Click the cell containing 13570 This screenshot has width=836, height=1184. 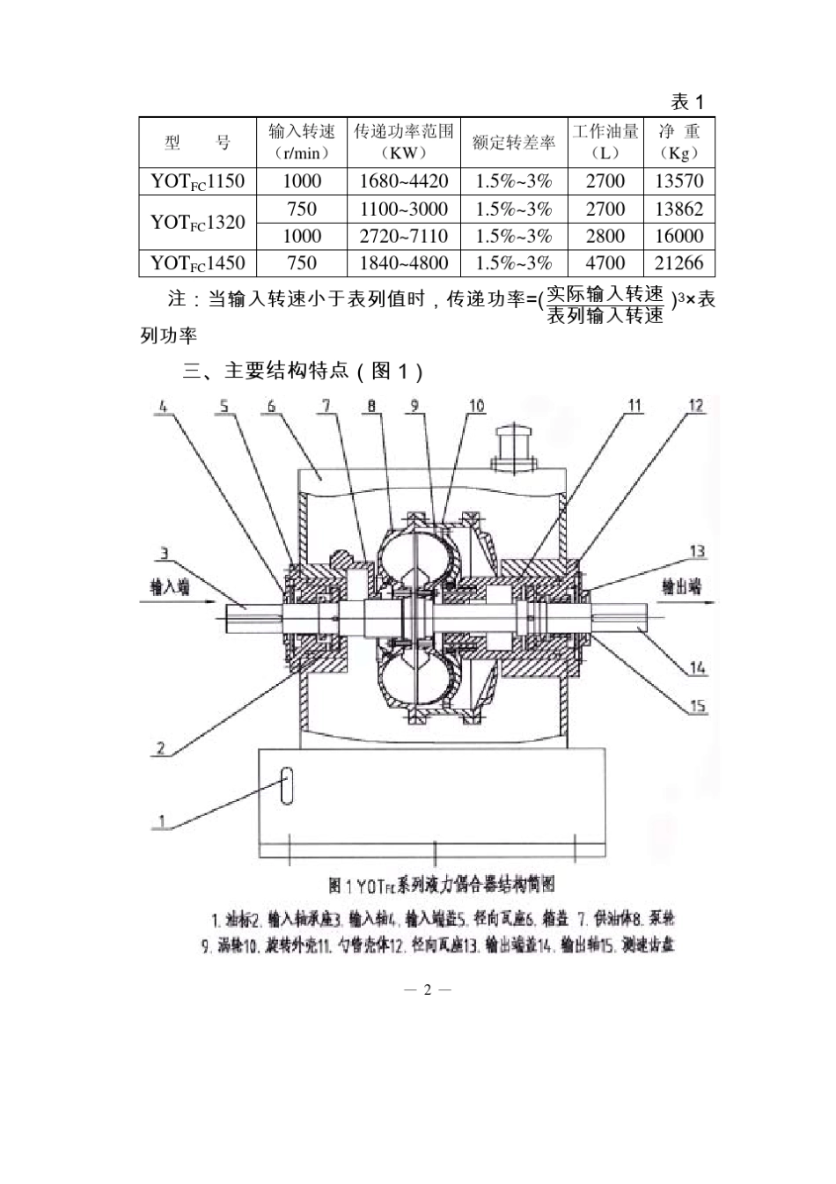click(678, 181)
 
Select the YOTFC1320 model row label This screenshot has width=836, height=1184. click(197, 223)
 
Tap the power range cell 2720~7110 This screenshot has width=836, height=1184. click(403, 236)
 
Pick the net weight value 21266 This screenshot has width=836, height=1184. click(678, 263)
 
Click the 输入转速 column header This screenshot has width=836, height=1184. click(301, 142)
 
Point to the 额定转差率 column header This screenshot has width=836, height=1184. click(513, 143)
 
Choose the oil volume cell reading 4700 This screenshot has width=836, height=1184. click(605, 263)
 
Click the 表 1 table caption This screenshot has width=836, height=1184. click(687, 101)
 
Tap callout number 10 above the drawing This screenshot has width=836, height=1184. click(475, 406)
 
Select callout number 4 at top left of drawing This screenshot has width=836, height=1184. click(163, 406)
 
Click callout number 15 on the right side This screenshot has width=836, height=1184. click(697, 706)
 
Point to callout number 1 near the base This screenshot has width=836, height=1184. click(161, 821)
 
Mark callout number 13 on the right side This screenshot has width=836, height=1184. click(697, 552)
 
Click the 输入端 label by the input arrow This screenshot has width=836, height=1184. click(170, 587)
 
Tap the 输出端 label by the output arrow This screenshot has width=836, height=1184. click(681, 587)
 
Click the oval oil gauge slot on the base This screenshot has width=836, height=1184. click(285, 786)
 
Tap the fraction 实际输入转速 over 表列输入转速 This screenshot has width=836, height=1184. click(605, 305)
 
